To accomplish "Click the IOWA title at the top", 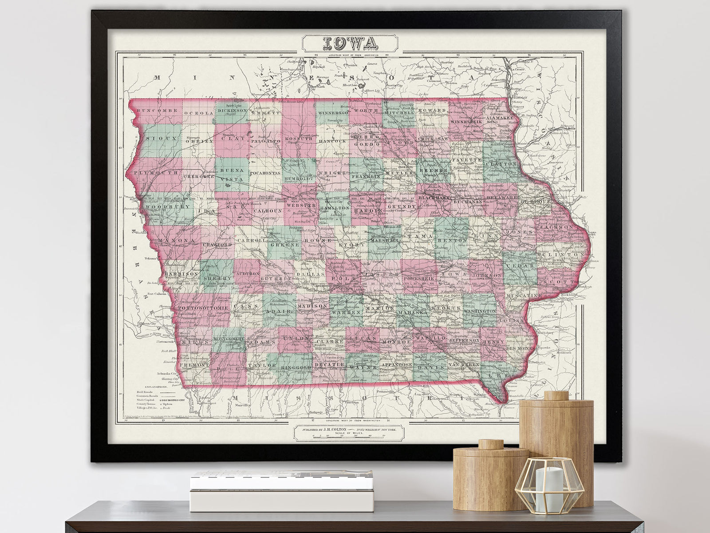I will (x=351, y=43).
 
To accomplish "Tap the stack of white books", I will (x=281, y=489).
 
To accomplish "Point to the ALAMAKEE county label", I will (x=500, y=118).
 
